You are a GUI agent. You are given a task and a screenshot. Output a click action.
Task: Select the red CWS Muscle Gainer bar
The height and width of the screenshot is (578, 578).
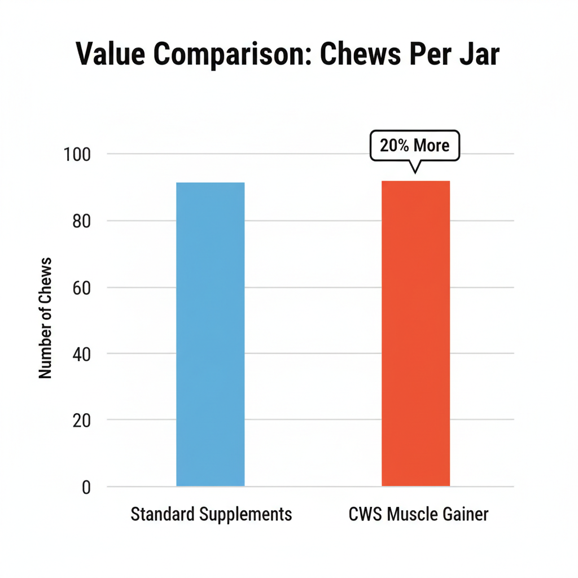(416, 333)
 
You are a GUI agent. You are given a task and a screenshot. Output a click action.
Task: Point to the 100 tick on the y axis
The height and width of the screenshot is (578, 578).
(78, 154)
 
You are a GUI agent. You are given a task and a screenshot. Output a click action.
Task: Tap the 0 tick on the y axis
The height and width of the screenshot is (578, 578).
(86, 487)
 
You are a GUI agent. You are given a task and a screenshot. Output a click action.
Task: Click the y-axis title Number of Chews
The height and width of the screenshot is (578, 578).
(46, 318)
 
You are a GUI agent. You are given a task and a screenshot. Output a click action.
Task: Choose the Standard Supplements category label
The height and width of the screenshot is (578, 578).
(211, 514)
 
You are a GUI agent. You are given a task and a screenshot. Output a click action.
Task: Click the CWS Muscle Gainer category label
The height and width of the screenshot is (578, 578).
(418, 514)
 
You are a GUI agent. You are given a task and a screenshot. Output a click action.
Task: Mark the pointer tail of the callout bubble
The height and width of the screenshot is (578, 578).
(415, 168)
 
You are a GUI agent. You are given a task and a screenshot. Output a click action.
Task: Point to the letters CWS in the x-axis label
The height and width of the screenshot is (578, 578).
(366, 514)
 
